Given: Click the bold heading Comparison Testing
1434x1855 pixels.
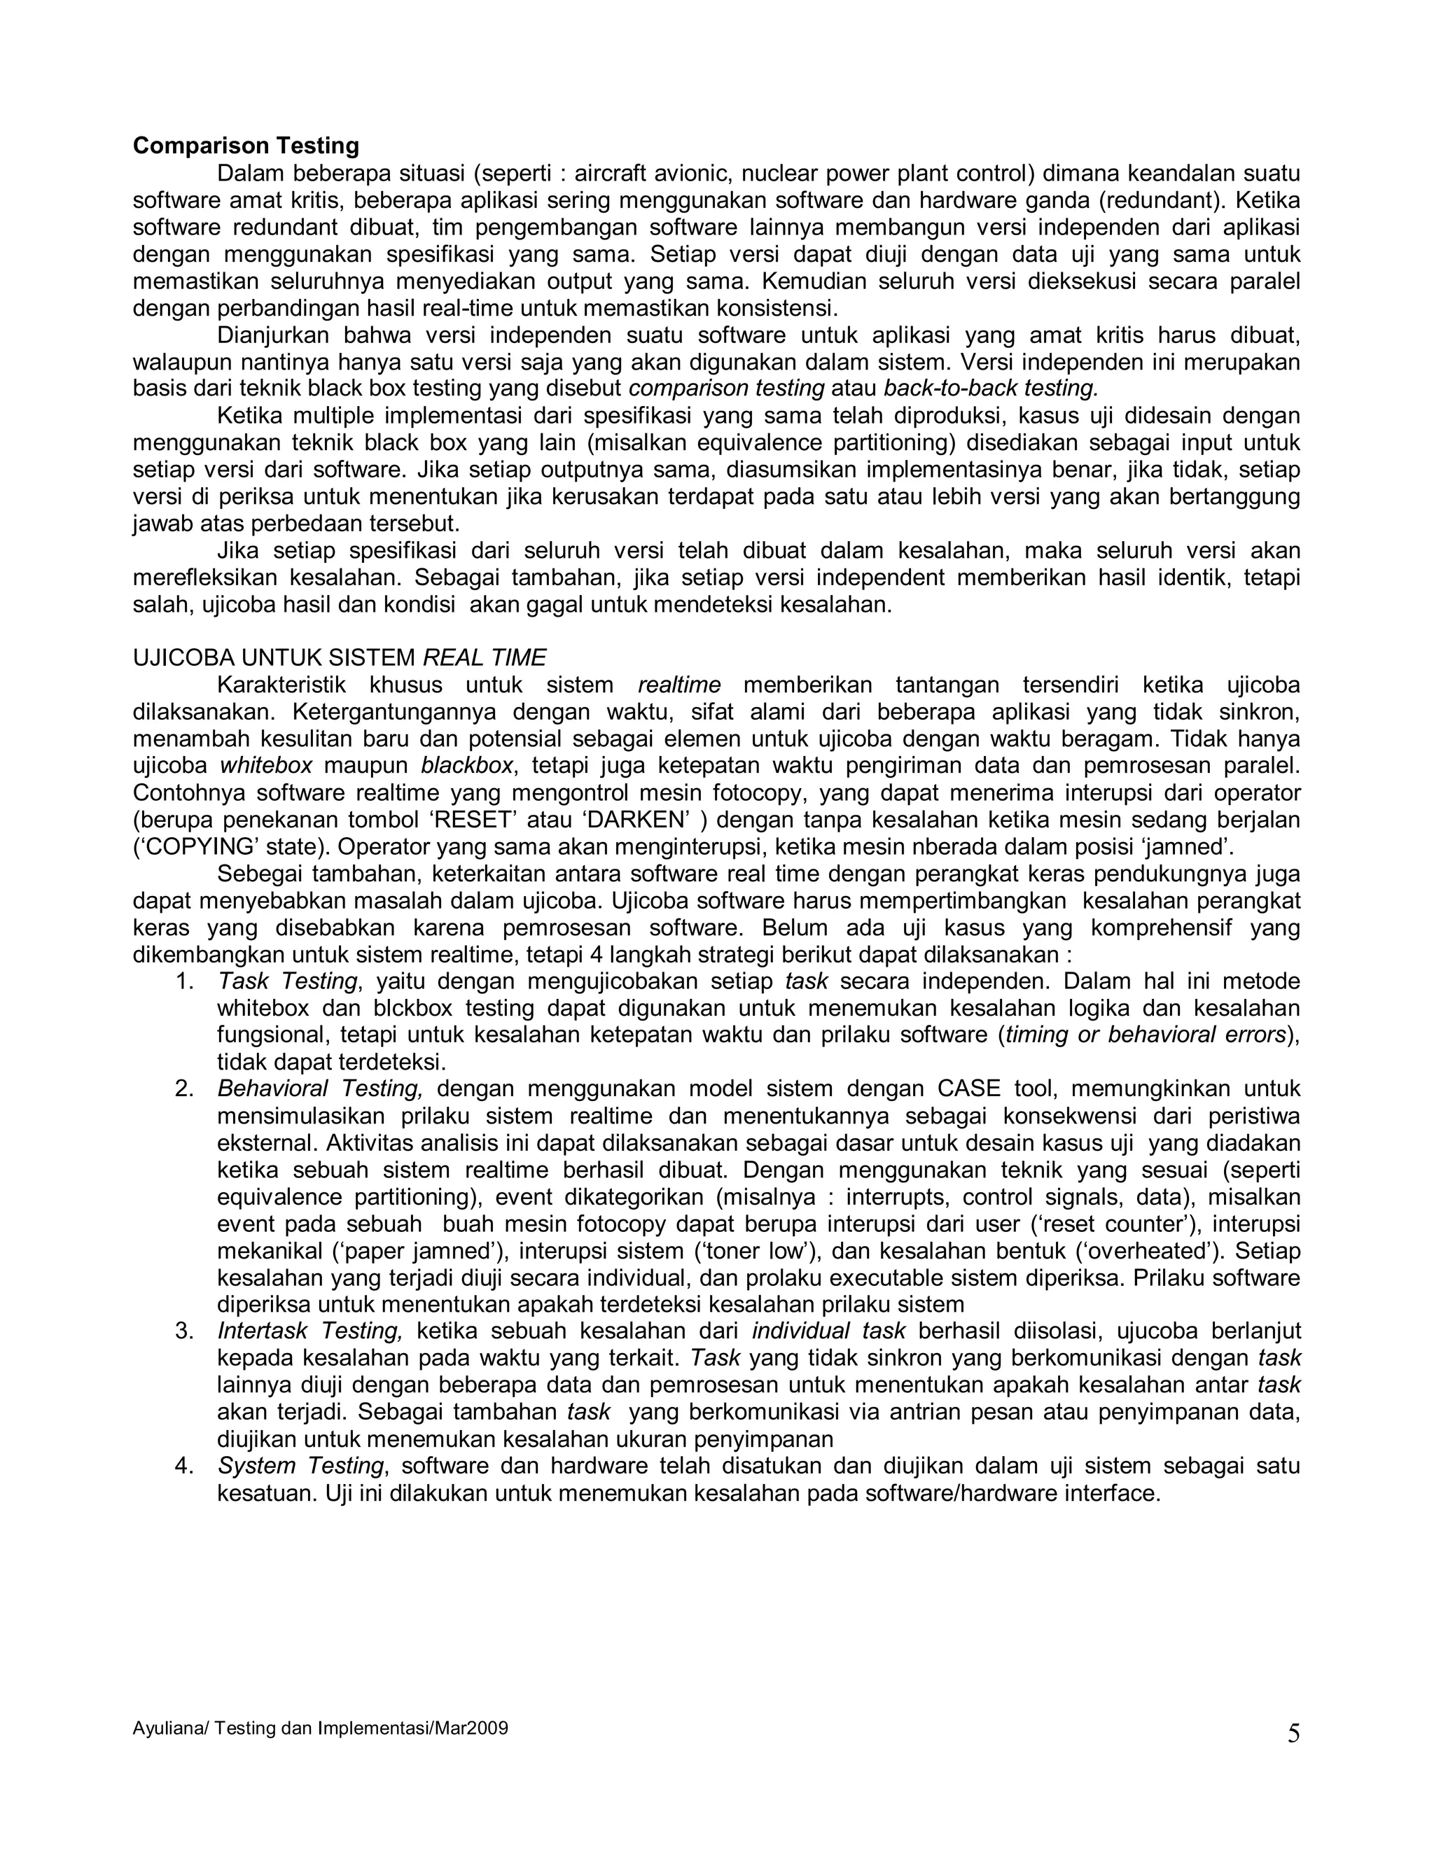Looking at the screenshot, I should [x=246, y=146].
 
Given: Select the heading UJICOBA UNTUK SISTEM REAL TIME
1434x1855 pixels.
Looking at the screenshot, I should [x=339, y=657].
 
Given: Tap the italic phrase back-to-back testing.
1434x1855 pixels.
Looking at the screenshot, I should [x=991, y=389].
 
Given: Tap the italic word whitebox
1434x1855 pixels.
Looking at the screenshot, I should [x=266, y=766].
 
